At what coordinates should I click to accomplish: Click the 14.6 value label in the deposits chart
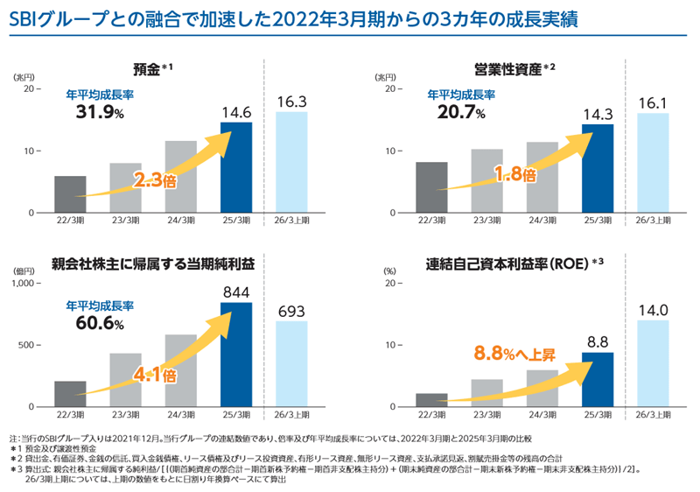click(x=236, y=112)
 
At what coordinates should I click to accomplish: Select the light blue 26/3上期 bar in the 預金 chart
click(x=291, y=162)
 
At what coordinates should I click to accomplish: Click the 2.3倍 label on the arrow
click(x=155, y=180)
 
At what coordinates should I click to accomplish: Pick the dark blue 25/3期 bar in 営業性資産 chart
click(x=598, y=168)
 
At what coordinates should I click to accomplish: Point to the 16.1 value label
click(x=653, y=102)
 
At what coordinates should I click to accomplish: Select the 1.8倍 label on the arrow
click(x=514, y=173)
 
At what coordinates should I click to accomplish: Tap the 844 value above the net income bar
click(x=236, y=292)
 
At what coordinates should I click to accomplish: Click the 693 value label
click(x=291, y=311)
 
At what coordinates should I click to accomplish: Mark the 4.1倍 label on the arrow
click(x=155, y=376)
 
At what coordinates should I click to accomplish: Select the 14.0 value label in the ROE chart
click(x=653, y=310)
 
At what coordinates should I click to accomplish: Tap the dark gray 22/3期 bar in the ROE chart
click(x=431, y=400)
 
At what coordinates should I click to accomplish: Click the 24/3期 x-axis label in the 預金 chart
click(x=181, y=221)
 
